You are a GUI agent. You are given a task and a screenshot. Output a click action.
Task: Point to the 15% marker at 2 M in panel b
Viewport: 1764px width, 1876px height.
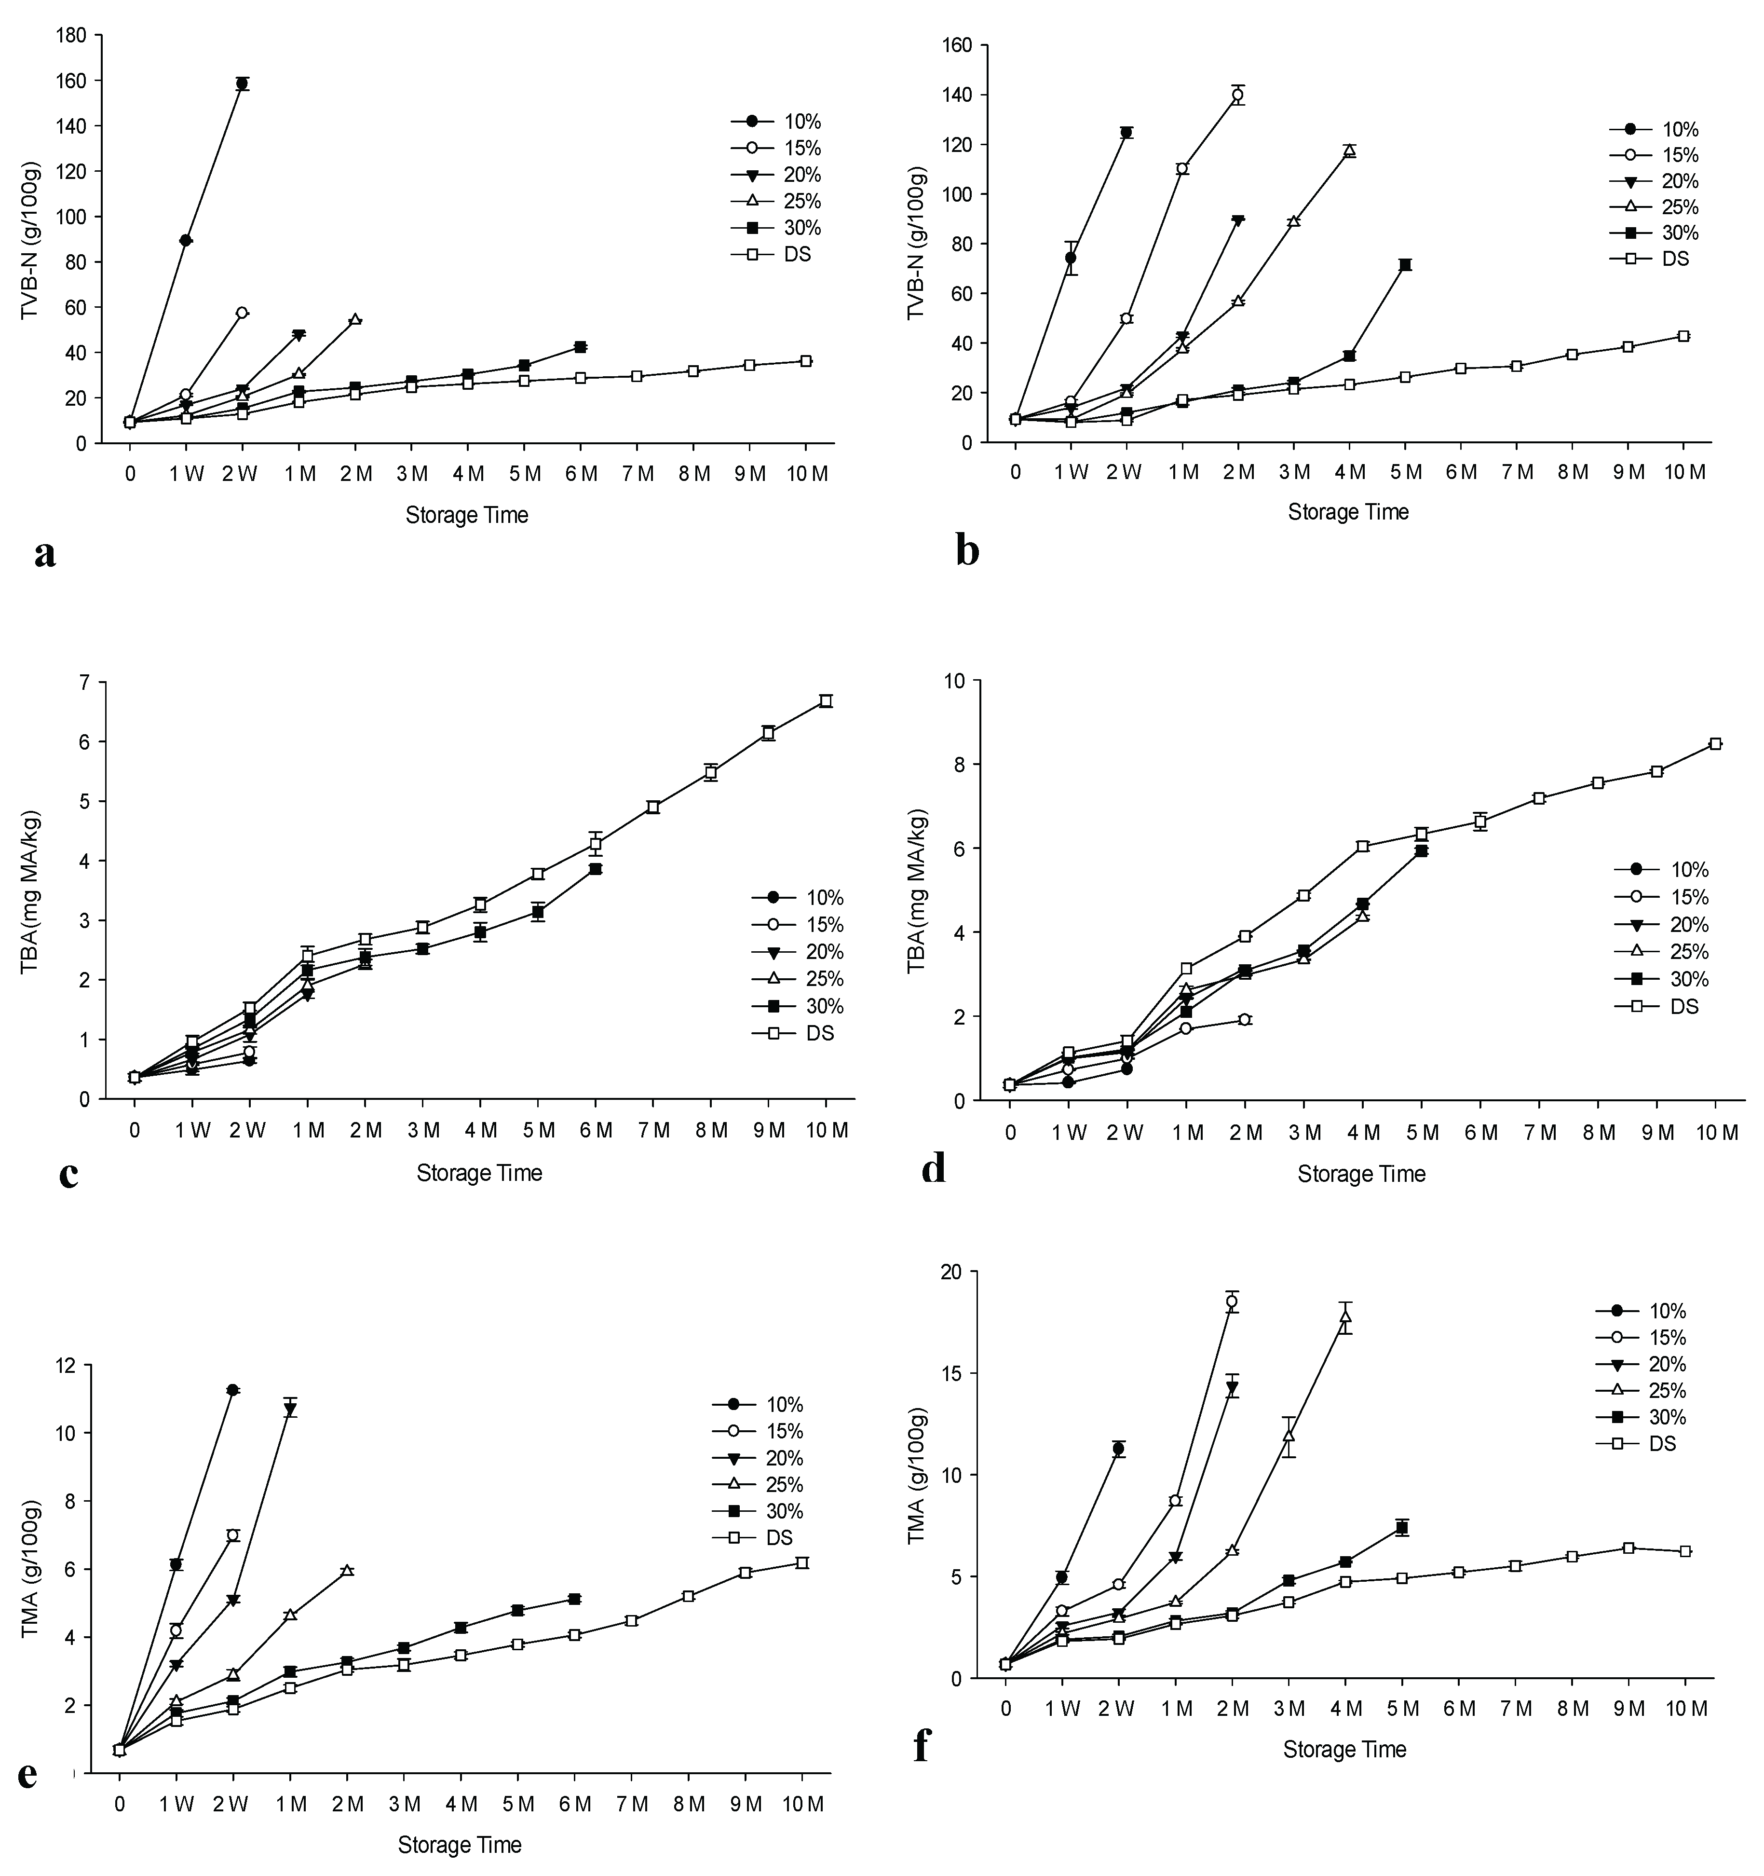pyautogui.click(x=1237, y=95)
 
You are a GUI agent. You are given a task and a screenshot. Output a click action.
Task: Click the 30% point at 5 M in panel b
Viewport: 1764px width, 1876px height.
pyautogui.click(x=1406, y=265)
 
